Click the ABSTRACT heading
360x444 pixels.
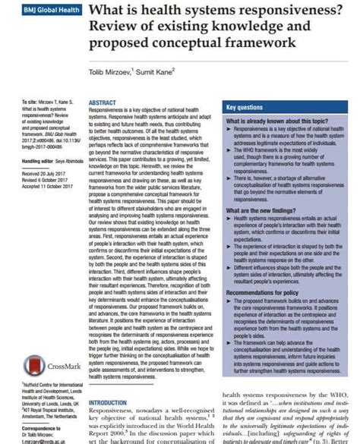tap(102, 101)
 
